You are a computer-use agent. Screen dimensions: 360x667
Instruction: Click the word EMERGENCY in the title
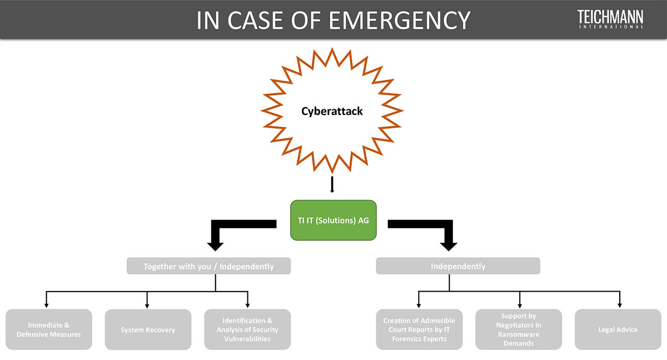click(399, 20)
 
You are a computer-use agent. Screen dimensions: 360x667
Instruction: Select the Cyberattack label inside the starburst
click(332, 111)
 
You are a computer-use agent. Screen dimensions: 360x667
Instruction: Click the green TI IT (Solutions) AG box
click(333, 220)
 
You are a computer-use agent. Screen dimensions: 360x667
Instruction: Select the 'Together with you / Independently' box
click(208, 266)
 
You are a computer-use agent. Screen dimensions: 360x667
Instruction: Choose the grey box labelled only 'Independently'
click(458, 266)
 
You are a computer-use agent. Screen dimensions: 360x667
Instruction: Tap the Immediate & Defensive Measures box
click(48, 329)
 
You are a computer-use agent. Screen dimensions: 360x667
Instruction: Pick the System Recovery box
click(148, 329)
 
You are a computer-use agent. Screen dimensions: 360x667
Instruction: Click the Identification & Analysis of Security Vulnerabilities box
click(247, 329)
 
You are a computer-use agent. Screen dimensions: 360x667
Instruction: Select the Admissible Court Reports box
click(419, 329)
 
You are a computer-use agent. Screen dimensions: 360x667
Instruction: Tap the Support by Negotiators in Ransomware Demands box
click(519, 329)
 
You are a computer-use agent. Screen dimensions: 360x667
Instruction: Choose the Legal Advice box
click(618, 329)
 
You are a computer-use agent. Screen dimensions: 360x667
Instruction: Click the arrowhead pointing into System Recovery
click(147, 305)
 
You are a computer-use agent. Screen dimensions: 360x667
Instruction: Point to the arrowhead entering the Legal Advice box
click(619, 305)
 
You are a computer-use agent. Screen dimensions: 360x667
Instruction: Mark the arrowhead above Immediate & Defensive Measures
click(46, 305)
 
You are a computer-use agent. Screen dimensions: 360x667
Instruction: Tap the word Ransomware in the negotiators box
click(519, 334)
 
